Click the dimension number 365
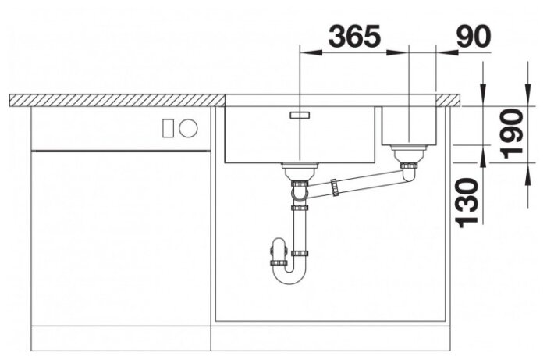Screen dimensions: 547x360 tap(354, 36)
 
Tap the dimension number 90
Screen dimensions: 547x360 tap(474, 37)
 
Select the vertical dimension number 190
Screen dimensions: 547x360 tap(511, 134)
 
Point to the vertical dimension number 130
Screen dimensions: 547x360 tap(467, 202)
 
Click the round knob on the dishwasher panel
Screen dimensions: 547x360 tap(188, 128)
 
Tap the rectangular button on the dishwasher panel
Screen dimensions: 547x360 tap(168, 128)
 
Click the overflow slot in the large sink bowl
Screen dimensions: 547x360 tap(300, 115)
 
